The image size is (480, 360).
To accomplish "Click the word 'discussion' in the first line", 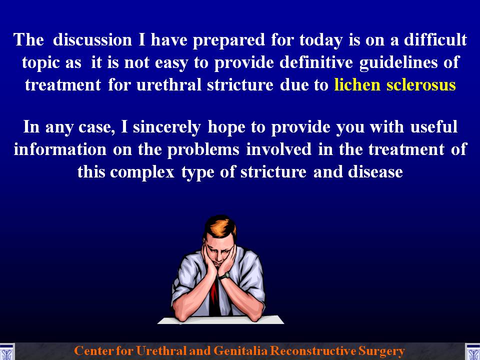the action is point(92,40).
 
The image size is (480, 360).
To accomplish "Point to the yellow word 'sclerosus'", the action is point(421,84).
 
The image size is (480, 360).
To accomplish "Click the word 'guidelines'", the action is point(398,63).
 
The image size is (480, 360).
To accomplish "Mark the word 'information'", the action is point(60,149).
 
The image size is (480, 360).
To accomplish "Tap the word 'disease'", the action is point(375,172).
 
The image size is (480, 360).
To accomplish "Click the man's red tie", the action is point(214,297).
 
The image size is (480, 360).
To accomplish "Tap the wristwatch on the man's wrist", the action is point(224,276).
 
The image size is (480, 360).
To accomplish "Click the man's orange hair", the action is point(220,227).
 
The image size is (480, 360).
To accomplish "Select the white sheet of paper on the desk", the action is point(220,320).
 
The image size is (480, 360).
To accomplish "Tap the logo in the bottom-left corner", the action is point(6,351).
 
